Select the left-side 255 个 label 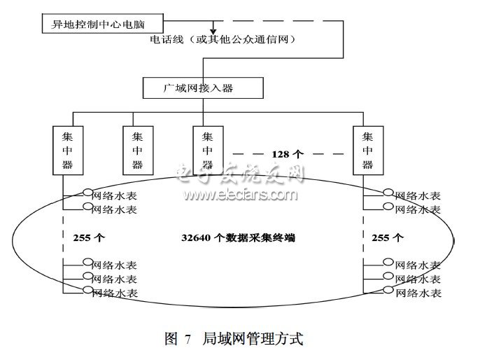[89, 238]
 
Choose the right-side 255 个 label [387, 238]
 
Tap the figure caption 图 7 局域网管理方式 [234, 339]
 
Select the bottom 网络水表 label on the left [115, 292]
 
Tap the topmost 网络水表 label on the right [418, 195]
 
